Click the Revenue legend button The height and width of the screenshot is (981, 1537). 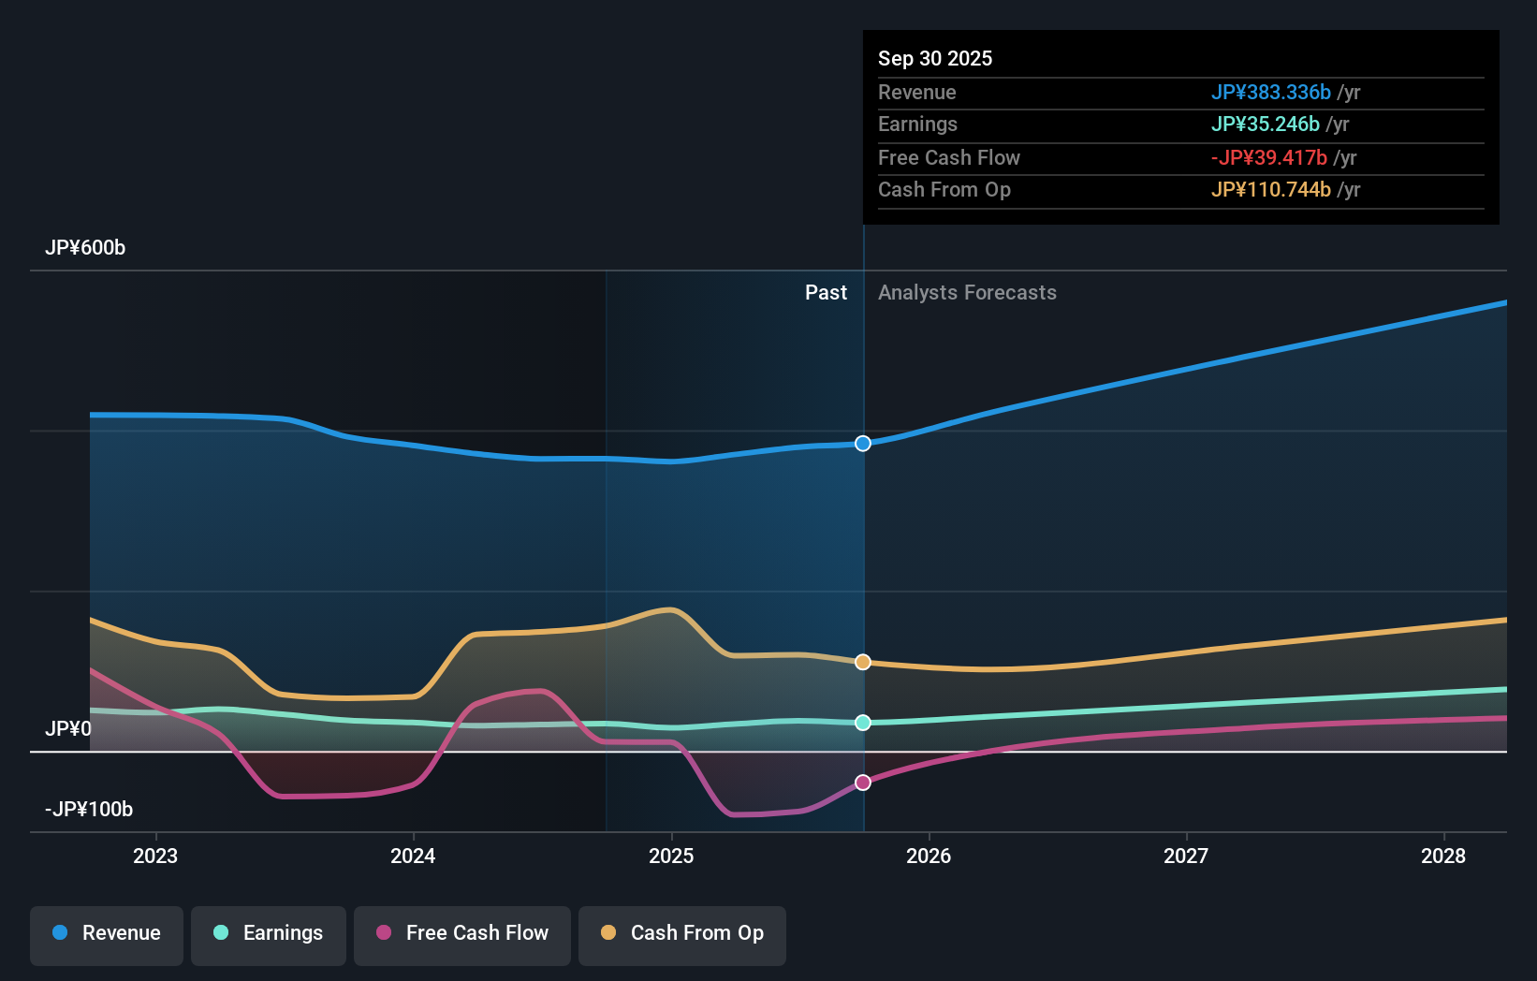[x=107, y=933]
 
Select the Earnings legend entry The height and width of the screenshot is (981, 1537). [x=269, y=933]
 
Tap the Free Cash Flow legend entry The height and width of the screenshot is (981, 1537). [x=462, y=933]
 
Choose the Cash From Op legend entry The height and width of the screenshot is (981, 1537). [x=682, y=933]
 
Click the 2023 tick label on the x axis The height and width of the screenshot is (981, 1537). [x=155, y=856]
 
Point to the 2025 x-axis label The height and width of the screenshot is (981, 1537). [x=671, y=856]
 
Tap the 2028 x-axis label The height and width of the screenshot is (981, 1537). [x=1443, y=856]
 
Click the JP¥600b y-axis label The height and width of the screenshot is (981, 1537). [x=85, y=248]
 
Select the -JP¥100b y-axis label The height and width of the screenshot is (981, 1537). [x=89, y=810]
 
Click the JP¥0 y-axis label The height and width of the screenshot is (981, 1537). [x=68, y=729]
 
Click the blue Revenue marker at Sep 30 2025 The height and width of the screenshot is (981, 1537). [x=863, y=444]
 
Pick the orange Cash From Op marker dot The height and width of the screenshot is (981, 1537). [x=863, y=662]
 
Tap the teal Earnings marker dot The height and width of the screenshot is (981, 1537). [x=863, y=723]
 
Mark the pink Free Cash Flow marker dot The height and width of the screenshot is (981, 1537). [x=863, y=783]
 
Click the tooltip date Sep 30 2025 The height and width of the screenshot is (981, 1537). [x=935, y=58]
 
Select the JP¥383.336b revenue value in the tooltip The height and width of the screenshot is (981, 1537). [x=1270, y=92]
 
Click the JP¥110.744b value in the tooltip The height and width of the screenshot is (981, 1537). [x=1270, y=189]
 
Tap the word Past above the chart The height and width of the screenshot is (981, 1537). [x=826, y=293]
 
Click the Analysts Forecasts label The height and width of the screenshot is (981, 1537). [x=967, y=293]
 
